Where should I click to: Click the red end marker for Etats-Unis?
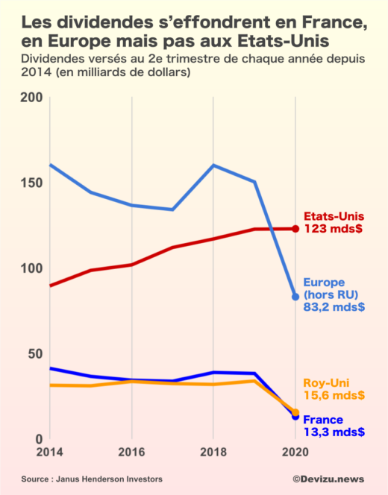click(x=295, y=229)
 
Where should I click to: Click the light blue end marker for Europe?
click(x=295, y=297)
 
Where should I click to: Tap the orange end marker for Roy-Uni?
click(x=295, y=412)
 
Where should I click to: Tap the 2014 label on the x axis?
click(x=49, y=452)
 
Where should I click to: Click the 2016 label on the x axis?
click(x=131, y=452)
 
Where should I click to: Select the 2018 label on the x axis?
click(x=213, y=452)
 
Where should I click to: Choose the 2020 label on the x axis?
click(x=295, y=452)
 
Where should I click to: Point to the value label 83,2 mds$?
click(x=334, y=306)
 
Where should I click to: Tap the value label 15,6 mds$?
click(x=334, y=395)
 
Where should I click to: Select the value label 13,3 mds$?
click(x=334, y=432)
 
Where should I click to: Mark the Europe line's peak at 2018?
click(x=213, y=165)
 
